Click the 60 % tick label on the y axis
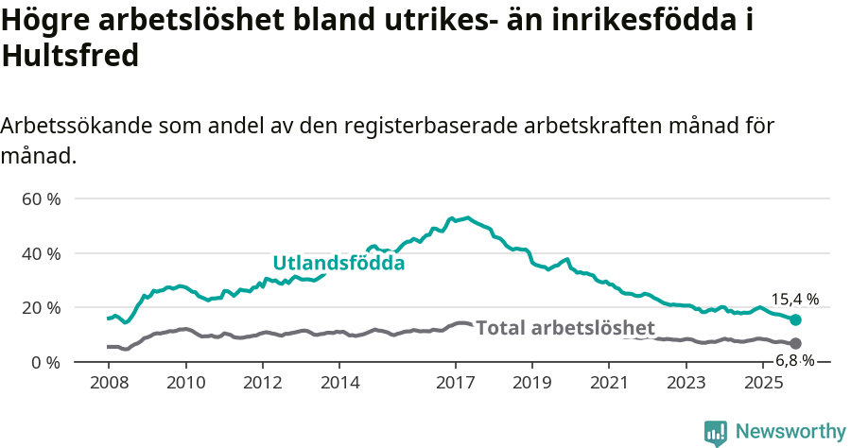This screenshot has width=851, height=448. pos(41,199)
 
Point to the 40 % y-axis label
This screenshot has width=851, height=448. pos(41,253)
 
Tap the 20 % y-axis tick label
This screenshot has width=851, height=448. pos(41,308)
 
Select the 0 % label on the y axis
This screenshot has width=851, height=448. pos(45,362)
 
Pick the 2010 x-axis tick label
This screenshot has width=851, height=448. pos(185,383)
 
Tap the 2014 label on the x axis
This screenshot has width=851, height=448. pos(339,383)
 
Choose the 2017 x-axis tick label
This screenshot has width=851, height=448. pos(455,383)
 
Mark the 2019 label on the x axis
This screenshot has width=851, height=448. pos(532,383)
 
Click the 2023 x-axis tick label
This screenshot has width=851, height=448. pos(686,383)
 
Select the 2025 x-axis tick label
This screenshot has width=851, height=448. pos(763,383)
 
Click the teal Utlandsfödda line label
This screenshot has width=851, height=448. pos(339,263)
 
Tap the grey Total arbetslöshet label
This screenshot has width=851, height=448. pos(564,328)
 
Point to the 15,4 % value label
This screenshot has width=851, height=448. pos(794,300)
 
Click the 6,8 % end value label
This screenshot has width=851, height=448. pos(794,360)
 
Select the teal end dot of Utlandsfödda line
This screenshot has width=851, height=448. pos(795,320)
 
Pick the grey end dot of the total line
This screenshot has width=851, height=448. pos(795,343)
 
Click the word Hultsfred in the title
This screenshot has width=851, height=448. pos(71,56)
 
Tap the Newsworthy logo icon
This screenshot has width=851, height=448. pos(715,432)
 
